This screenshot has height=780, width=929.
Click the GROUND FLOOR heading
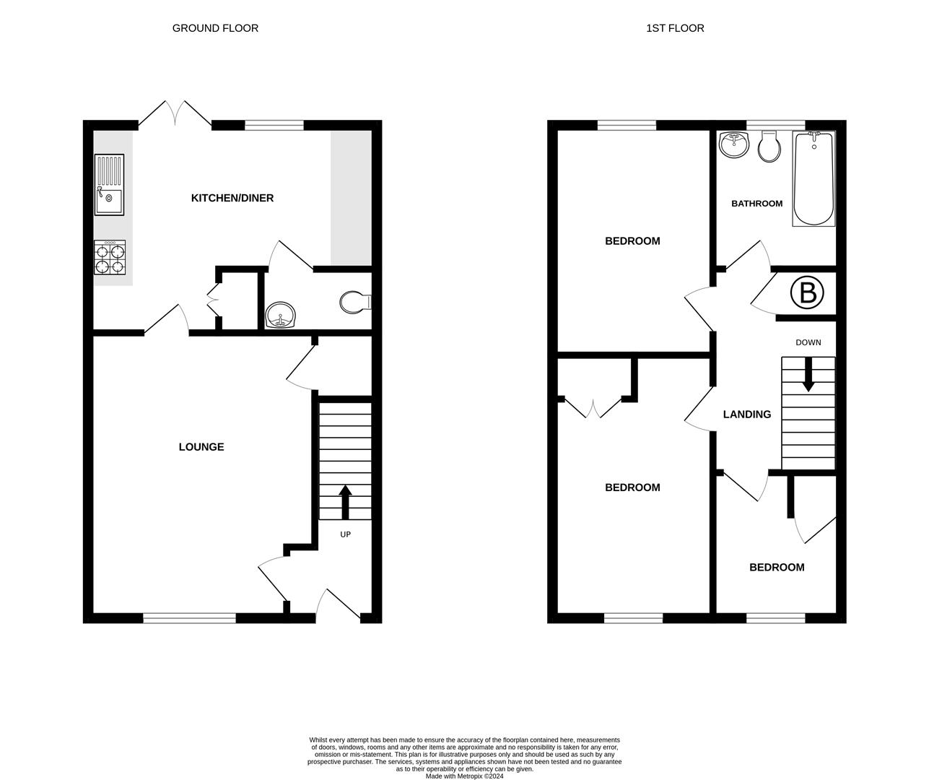215,28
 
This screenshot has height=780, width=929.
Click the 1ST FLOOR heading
675,28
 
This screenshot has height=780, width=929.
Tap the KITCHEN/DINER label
232,198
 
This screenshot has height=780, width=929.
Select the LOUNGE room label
201,447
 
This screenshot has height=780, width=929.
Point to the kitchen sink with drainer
109,185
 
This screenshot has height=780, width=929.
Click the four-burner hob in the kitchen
110,258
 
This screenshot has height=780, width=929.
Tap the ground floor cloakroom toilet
354,302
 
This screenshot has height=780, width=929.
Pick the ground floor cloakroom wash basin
280,316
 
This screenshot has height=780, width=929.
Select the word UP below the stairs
345,534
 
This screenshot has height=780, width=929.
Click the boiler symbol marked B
807,293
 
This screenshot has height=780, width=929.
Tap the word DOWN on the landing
808,342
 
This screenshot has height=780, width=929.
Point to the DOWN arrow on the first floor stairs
808,375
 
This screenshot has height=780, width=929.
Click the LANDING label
747,415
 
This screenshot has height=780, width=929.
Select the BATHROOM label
756,204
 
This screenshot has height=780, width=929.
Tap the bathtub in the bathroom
814,178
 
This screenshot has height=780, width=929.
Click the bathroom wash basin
735,145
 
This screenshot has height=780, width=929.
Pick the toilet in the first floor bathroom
769,148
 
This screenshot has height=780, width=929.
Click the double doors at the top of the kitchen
175,115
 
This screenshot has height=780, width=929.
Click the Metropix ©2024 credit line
464,776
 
